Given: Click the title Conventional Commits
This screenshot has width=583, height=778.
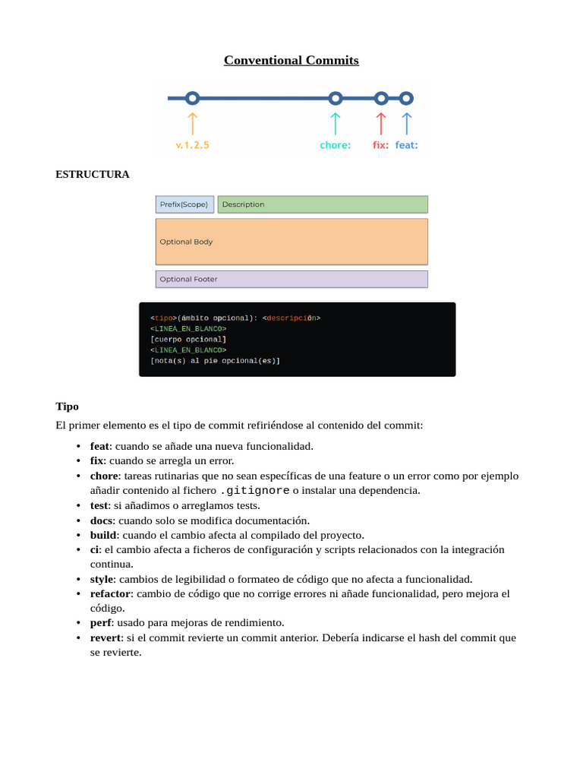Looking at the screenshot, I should (x=291, y=60).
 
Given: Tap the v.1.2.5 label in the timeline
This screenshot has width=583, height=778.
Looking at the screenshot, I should (x=192, y=145).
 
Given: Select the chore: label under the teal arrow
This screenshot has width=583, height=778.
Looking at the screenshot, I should (x=335, y=145).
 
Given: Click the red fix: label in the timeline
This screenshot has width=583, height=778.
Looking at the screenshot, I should (x=380, y=145).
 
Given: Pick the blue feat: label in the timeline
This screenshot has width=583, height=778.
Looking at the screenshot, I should (x=406, y=145).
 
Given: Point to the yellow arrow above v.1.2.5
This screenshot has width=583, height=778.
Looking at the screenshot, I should (x=192, y=122).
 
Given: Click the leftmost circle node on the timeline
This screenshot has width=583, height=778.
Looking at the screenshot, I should (x=192, y=98).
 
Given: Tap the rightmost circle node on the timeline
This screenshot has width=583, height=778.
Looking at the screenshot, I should (x=406, y=98).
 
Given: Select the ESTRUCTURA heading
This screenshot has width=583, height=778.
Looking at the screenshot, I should (x=92, y=174).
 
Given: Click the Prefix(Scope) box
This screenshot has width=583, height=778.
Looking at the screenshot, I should (x=184, y=204).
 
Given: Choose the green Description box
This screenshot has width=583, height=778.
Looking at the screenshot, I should (x=323, y=204).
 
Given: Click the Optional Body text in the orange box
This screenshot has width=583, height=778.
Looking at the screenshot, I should (x=186, y=242).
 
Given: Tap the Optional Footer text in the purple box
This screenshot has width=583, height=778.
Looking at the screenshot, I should (x=188, y=279).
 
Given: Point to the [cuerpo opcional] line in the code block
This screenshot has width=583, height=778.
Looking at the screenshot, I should (x=188, y=339).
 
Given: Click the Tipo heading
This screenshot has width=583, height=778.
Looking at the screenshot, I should (x=67, y=406).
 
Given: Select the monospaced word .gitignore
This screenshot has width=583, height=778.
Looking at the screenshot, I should (x=254, y=491).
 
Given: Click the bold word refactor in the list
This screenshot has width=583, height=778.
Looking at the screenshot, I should (x=110, y=593).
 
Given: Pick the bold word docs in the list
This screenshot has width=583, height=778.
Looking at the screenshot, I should (x=101, y=520).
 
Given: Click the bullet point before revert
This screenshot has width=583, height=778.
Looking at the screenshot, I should (x=79, y=638).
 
